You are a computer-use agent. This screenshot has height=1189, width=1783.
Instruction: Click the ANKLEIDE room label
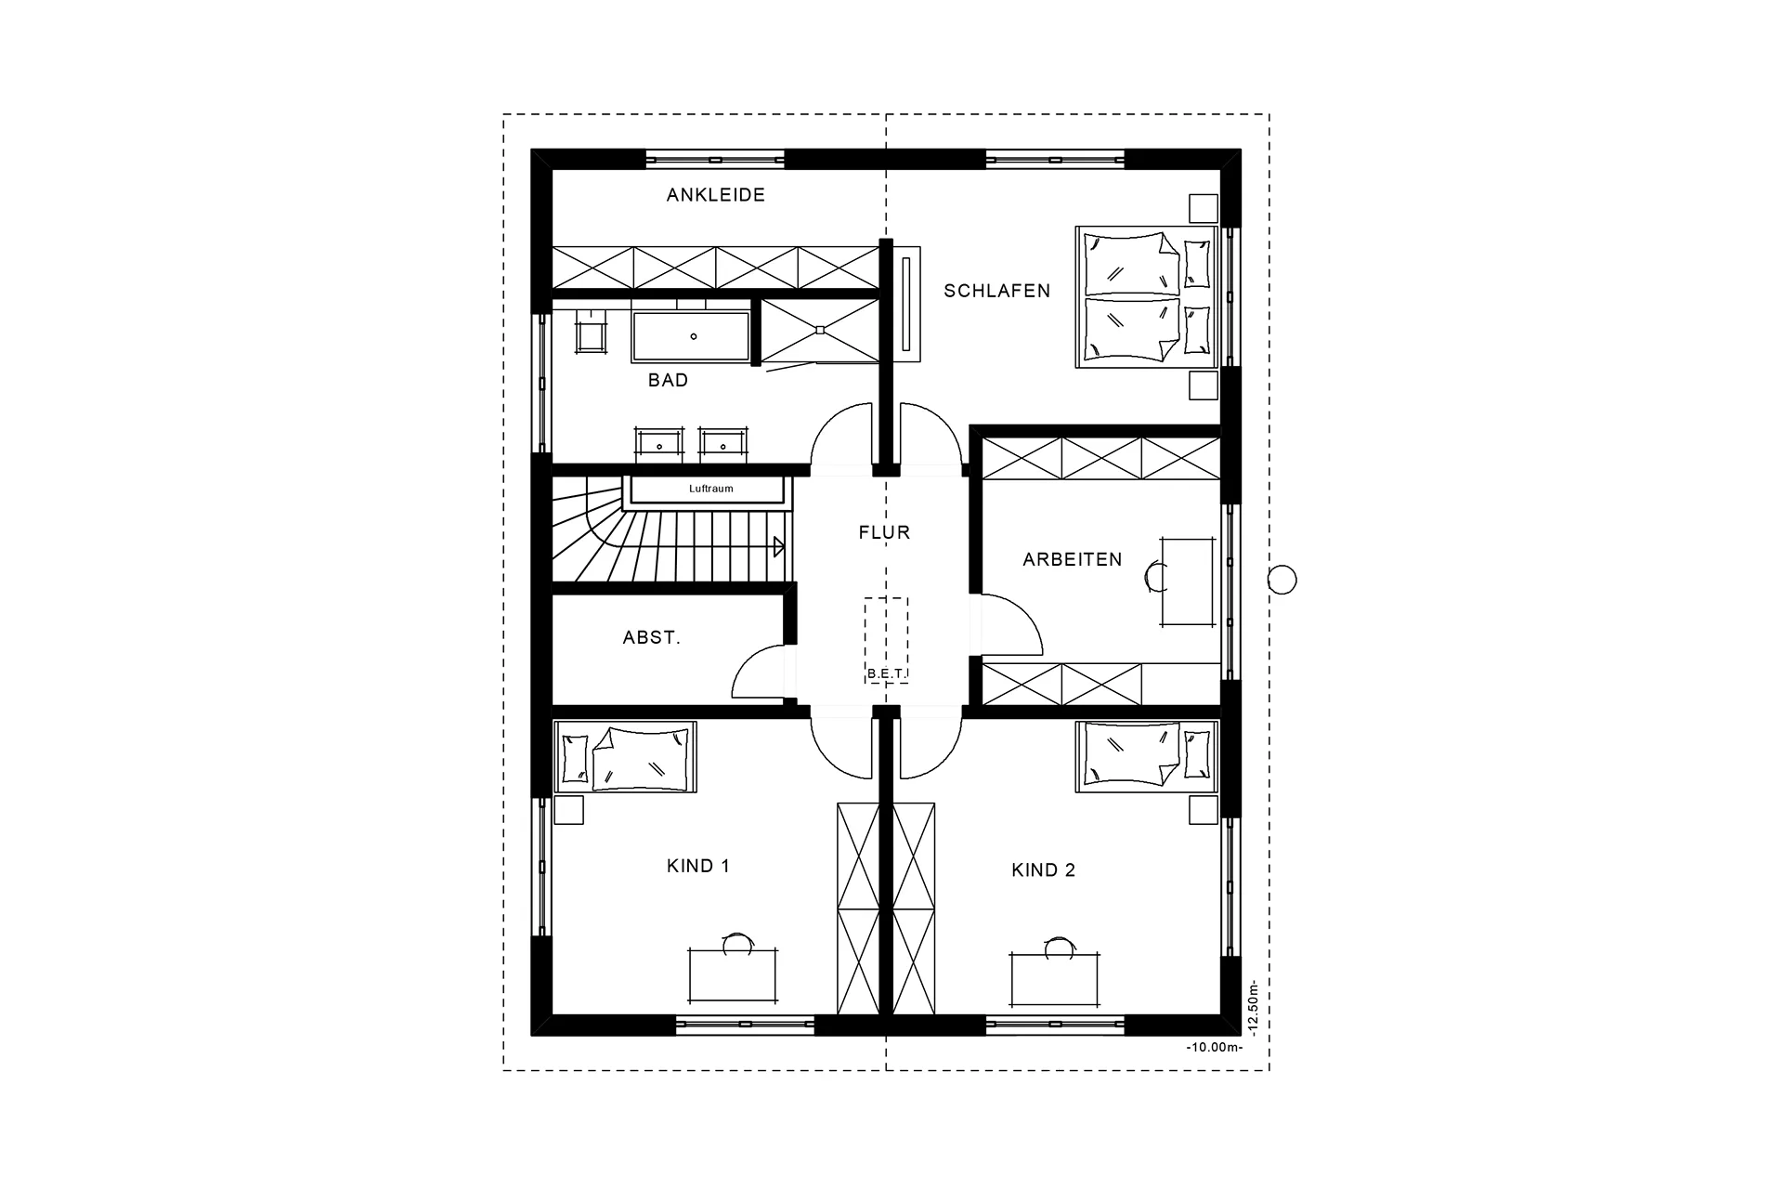click(x=715, y=195)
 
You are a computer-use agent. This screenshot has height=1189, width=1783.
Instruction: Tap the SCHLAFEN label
click(x=996, y=291)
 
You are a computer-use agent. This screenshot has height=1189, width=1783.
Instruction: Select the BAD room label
click(x=668, y=380)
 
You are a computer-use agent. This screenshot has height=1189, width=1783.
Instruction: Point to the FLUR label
click(x=884, y=532)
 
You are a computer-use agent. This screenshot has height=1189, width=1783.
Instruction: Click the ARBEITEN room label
click(x=1072, y=559)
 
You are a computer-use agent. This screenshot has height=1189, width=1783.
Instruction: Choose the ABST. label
click(x=651, y=638)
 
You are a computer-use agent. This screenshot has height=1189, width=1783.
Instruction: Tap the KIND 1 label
click(x=697, y=866)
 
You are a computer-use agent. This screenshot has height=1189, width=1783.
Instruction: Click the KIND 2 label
click(x=1043, y=870)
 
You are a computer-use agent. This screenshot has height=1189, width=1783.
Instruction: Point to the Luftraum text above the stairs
click(x=710, y=489)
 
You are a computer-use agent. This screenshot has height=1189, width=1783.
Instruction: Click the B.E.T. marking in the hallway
click(x=886, y=673)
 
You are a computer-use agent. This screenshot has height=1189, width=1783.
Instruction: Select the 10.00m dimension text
click(x=1214, y=1048)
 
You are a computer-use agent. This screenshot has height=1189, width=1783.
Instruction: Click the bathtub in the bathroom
click(x=692, y=336)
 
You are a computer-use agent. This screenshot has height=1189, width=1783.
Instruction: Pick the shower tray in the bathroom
click(x=819, y=330)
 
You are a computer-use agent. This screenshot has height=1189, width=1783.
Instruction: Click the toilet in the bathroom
click(x=591, y=332)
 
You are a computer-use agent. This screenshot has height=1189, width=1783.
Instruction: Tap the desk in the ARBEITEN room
click(x=1187, y=581)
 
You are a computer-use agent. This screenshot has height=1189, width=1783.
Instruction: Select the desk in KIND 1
click(x=732, y=975)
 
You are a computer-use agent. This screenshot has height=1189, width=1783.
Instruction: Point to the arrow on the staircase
click(x=778, y=546)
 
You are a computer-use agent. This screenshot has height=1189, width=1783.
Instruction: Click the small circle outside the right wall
click(x=1282, y=580)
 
